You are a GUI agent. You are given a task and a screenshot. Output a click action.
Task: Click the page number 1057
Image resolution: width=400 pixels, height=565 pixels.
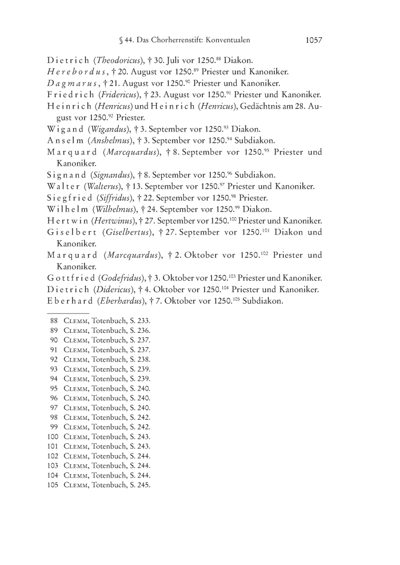point(314,41)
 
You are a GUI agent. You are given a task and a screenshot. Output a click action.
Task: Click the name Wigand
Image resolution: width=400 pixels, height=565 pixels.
point(66,129)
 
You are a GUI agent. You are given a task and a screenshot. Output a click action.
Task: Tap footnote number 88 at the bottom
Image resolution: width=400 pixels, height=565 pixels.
point(54,321)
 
